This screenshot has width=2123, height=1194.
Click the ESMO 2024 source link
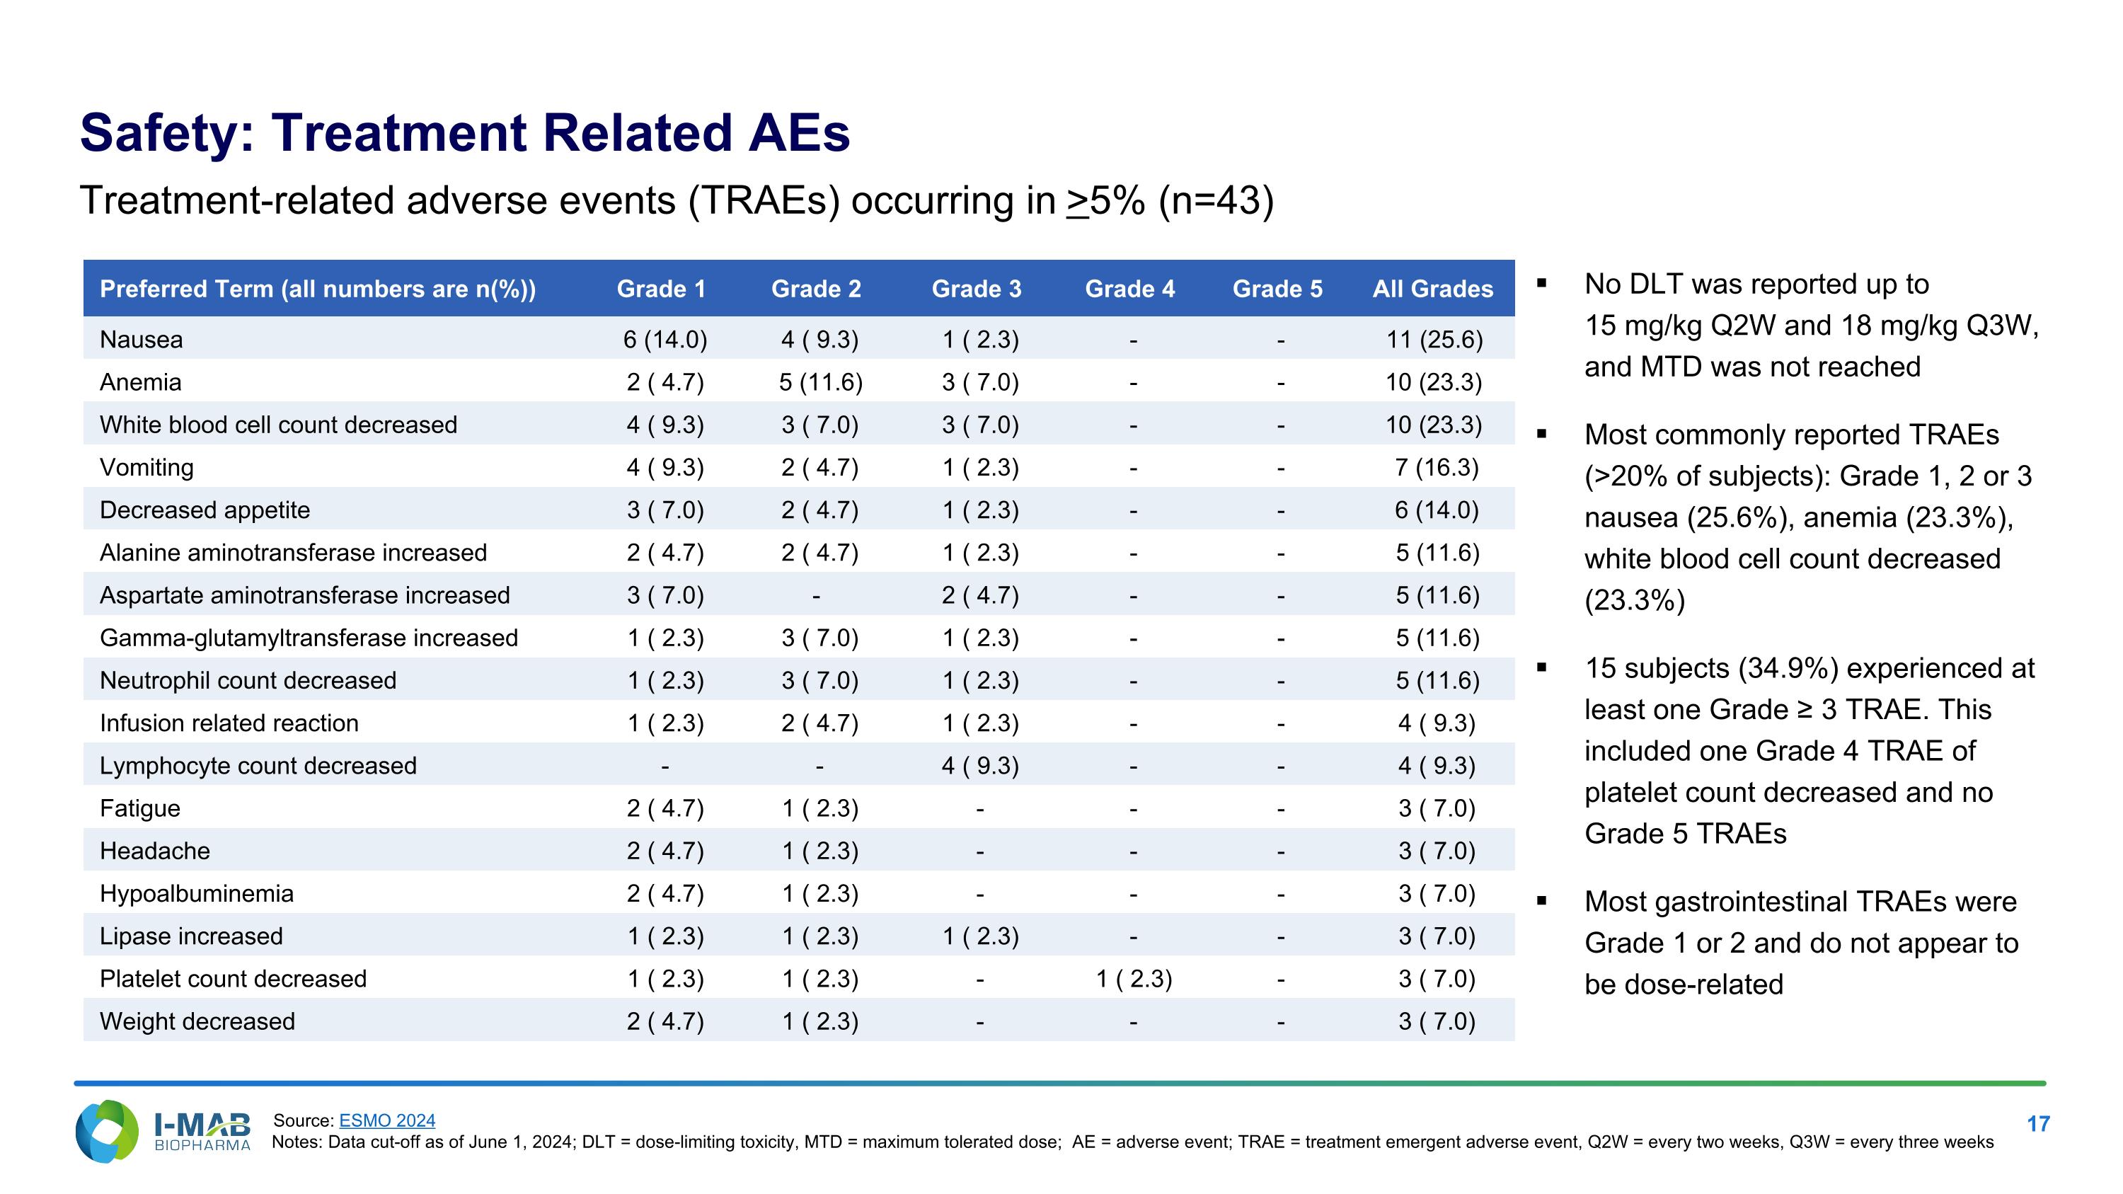(387, 1120)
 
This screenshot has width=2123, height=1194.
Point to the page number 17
(2038, 1124)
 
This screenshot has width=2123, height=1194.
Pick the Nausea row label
(141, 340)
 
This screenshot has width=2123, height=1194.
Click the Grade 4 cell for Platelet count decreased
(1134, 979)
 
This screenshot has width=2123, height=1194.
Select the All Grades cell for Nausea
(1435, 340)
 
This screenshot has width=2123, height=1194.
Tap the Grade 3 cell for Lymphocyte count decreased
(980, 766)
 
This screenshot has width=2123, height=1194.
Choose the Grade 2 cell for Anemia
(821, 382)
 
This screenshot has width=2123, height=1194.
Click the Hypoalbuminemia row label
(196, 893)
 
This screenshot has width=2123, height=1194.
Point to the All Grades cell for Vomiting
(1437, 467)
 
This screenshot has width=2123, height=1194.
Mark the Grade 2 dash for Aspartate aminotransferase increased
(816, 596)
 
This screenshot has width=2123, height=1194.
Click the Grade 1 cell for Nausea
(665, 340)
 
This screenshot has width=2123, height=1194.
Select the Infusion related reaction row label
(229, 723)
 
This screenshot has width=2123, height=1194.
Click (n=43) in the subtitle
(1216, 200)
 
